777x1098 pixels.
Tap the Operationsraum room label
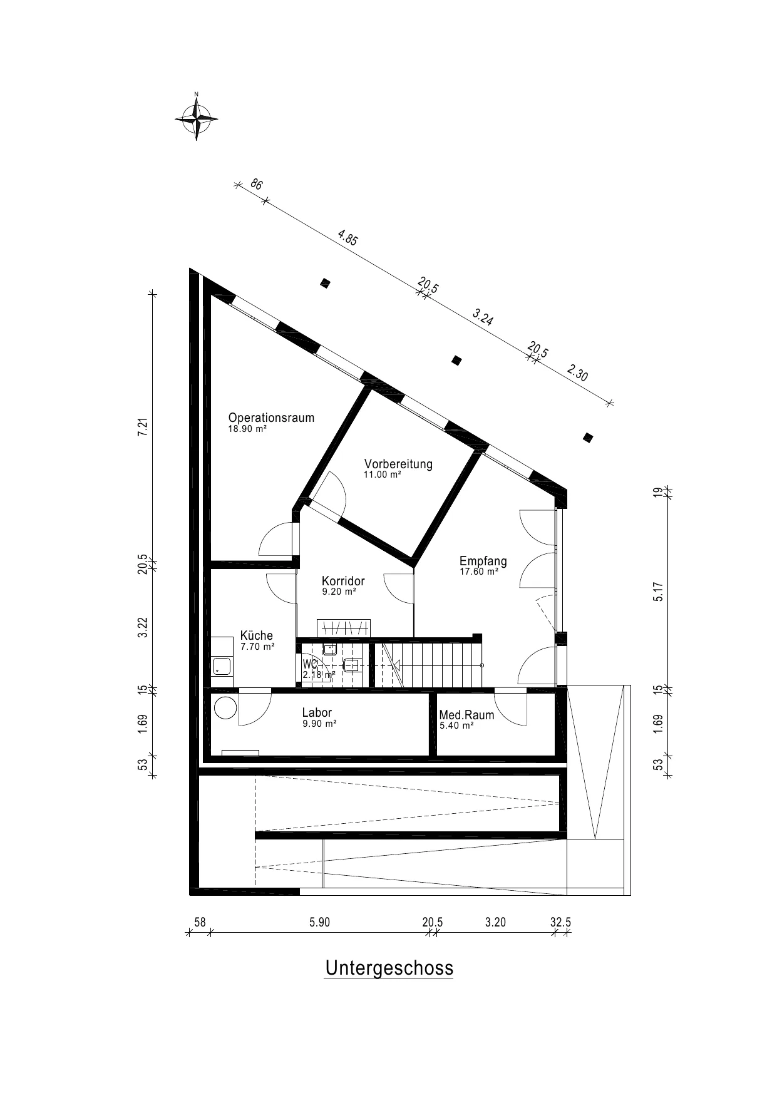(271, 418)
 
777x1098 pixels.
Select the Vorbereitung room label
(398, 464)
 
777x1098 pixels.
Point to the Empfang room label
(483, 561)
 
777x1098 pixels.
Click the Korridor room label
(343, 581)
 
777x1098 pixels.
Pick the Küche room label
(257, 636)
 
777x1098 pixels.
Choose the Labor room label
(317, 712)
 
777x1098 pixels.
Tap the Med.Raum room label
(466, 715)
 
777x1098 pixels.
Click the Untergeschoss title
(389, 968)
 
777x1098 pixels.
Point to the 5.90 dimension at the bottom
(319, 922)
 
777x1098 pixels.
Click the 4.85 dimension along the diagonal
(347, 238)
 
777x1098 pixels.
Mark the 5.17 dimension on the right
(657, 592)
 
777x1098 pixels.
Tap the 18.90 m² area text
(247, 429)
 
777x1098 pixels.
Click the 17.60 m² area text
(479, 572)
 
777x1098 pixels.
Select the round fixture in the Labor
(225, 708)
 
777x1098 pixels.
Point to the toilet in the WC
(352, 665)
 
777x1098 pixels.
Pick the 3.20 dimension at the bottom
(496, 922)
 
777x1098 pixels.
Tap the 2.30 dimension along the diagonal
(577, 374)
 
